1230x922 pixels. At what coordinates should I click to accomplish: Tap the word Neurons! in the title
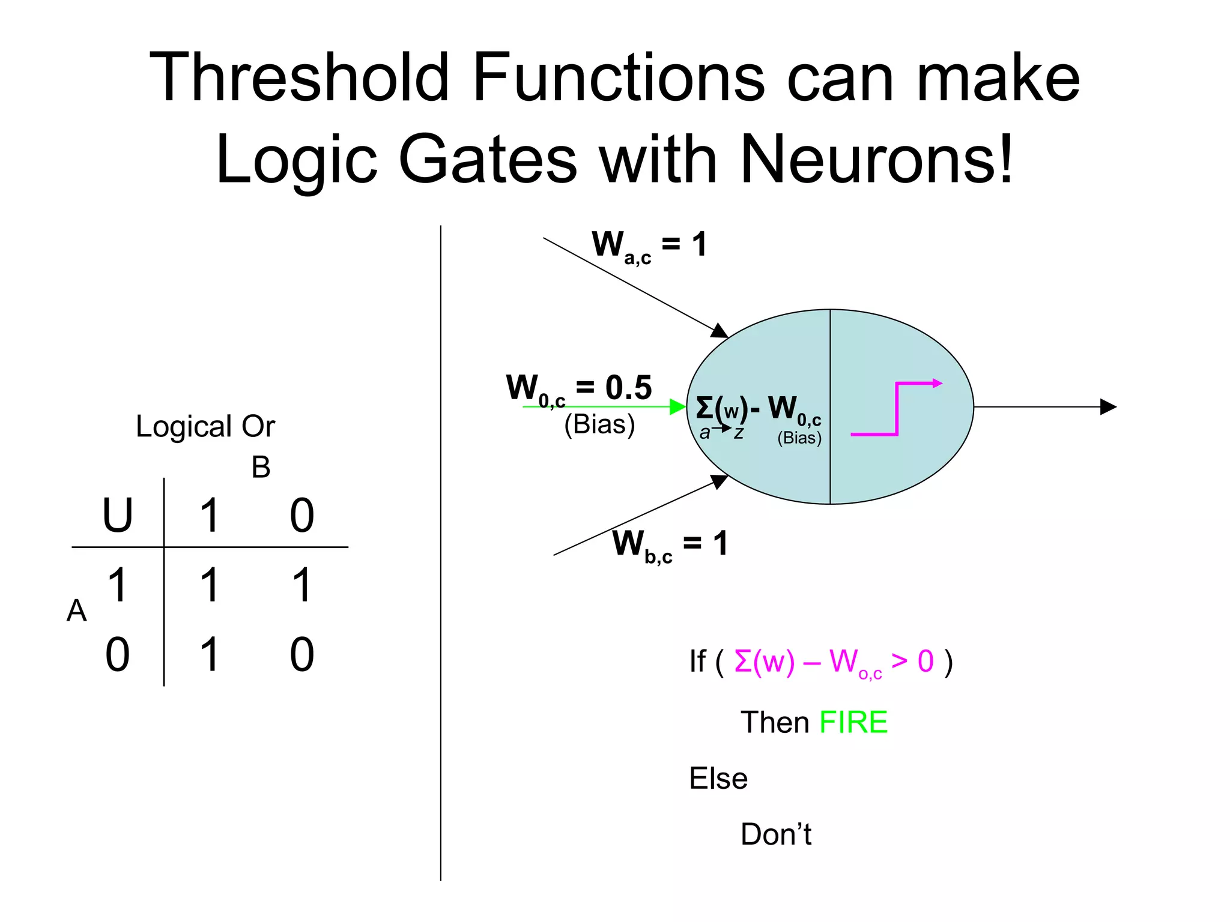(x=877, y=160)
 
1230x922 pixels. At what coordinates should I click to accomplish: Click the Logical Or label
(x=205, y=427)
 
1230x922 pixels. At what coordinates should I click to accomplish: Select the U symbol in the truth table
(x=117, y=516)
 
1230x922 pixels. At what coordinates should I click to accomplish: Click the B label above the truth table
(x=261, y=468)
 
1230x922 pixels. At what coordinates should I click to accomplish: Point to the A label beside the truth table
(x=76, y=611)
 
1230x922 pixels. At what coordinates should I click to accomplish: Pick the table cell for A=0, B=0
(x=301, y=655)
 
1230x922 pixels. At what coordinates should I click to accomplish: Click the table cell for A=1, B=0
(x=301, y=585)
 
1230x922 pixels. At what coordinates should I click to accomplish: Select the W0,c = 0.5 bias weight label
(x=578, y=389)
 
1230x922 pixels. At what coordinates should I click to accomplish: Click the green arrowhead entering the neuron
(x=677, y=407)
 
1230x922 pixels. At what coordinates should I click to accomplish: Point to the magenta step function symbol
(x=896, y=408)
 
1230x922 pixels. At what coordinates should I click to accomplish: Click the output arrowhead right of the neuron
(x=1108, y=407)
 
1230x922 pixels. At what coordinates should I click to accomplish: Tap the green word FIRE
(x=853, y=722)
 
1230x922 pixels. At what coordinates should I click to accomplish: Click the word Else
(x=718, y=779)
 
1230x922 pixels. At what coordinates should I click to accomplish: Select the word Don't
(x=775, y=834)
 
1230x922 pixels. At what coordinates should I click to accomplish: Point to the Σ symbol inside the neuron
(x=704, y=408)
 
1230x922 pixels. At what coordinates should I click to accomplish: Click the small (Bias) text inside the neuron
(x=799, y=438)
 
